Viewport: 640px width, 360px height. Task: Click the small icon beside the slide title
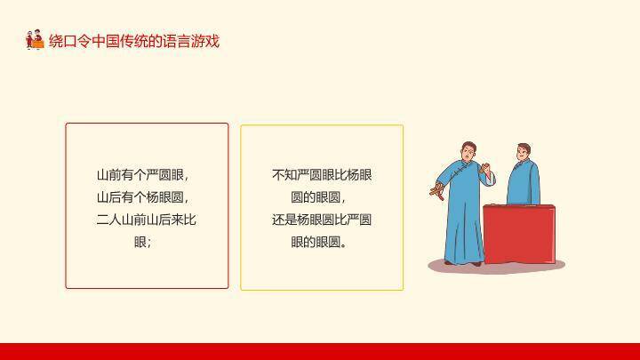point(35,40)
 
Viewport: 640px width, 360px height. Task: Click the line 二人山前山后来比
point(146,220)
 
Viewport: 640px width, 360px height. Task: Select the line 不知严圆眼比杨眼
point(321,175)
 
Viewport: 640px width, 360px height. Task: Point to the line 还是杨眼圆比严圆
point(321,220)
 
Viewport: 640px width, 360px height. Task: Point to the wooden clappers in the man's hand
point(436,188)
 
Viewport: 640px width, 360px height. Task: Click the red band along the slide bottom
point(320,351)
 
